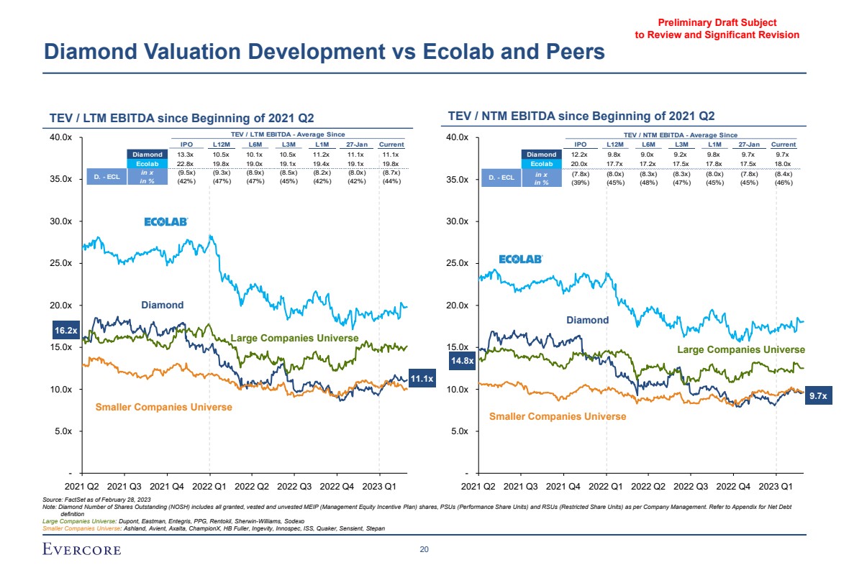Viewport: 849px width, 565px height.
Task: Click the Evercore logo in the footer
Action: click(x=81, y=550)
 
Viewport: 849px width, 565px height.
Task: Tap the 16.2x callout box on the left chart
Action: click(x=66, y=331)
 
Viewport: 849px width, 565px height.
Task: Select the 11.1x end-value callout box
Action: click(x=422, y=379)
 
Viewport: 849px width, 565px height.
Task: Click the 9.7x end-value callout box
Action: click(x=818, y=395)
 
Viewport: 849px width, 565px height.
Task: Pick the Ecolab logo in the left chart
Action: click(x=166, y=222)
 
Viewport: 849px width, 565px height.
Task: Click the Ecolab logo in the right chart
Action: click(x=520, y=259)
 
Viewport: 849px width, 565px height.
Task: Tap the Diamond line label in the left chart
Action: click(x=162, y=305)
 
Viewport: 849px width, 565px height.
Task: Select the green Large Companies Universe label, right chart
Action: click(x=741, y=349)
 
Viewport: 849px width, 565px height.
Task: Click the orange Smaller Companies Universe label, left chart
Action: click(x=164, y=407)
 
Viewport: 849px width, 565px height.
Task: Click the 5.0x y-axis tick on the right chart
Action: click(x=458, y=431)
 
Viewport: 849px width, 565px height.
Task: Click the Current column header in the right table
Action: click(x=783, y=144)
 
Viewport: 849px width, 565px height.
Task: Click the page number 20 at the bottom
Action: click(x=424, y=550)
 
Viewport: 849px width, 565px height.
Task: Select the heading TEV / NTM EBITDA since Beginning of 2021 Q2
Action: click(x=581, y=116)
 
